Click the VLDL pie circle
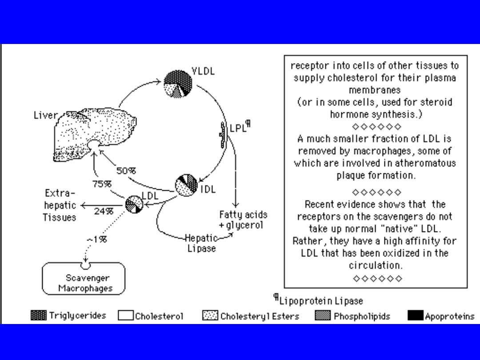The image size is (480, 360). (178, 83)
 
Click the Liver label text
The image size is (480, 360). (45, 116)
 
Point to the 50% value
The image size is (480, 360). (126, 170)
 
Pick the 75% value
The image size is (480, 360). (102, 184)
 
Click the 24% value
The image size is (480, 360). (104, 211)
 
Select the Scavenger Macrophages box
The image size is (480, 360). (84, 279)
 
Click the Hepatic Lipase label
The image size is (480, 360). (201, 243)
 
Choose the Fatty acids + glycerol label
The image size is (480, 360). (243, 220)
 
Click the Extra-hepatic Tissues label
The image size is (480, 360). (60, 205)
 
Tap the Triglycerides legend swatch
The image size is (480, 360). (38, 316)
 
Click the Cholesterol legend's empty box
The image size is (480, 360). (125, 316)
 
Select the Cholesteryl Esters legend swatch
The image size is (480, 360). (210, 316)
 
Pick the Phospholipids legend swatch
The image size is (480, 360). (323, 316)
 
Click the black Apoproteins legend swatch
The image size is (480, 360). (415, 316)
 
